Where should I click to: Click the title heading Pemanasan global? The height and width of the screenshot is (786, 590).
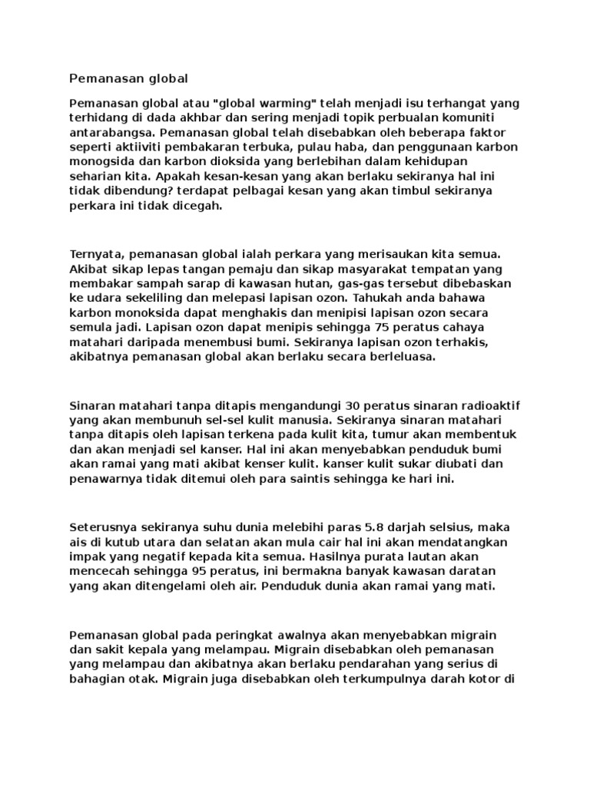(x=128, y=78)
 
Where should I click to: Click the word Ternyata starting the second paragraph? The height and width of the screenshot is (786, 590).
(x=95, y=253)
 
